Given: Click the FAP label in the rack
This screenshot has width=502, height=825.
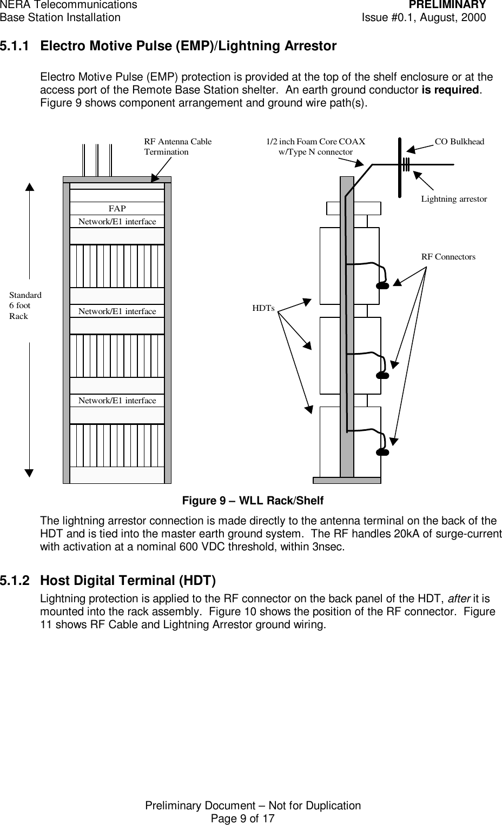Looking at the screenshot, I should tap(117, 209).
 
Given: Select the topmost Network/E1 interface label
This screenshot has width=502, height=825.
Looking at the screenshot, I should tap(117, 222).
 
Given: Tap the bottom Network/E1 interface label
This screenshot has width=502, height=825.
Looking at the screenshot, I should tap(117, 401).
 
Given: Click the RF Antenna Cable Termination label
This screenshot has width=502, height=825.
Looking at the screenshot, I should tap(177, 147).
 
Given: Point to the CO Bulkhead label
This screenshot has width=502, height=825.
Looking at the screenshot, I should tap(459, 142).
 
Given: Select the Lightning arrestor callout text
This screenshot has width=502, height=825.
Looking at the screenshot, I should tap(453, 199).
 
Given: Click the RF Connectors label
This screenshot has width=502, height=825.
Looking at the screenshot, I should tap(448, 257).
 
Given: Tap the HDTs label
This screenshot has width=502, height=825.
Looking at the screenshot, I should tap(263, 308).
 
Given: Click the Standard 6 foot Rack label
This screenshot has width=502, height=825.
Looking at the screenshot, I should tap(25, 305).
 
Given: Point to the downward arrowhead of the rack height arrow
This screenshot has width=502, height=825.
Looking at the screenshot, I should tap(29, 473).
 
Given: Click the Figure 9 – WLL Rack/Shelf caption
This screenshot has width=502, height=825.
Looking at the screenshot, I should tap(252, 501).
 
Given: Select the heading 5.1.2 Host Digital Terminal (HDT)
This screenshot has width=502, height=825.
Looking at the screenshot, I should tap(128, 581).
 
